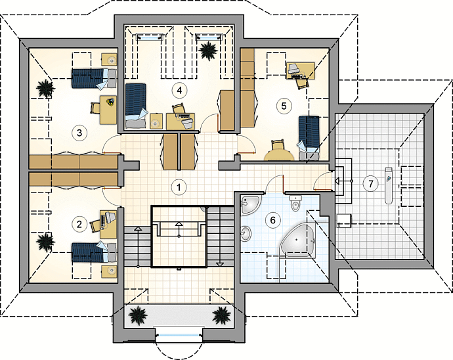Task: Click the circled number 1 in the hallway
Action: coord(179,187)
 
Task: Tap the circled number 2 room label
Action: coord(79,223)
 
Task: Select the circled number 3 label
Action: coord(79,133)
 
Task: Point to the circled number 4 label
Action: coord(179,91)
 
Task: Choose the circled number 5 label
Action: coord(284,106)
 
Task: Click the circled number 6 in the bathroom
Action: coord(272,220)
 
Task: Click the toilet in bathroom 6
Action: coord(295,203)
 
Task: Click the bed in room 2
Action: coord(94,252)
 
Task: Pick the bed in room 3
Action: coord(94,78)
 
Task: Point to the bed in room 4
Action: coord(135,105)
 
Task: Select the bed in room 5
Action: coord(309,138)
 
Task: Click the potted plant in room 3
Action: coord(46,88)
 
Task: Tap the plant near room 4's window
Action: coord(208,51)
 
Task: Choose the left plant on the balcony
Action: coord(137,316)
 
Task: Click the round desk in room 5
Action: coord(279,154)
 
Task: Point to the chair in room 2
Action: coord(95,225)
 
